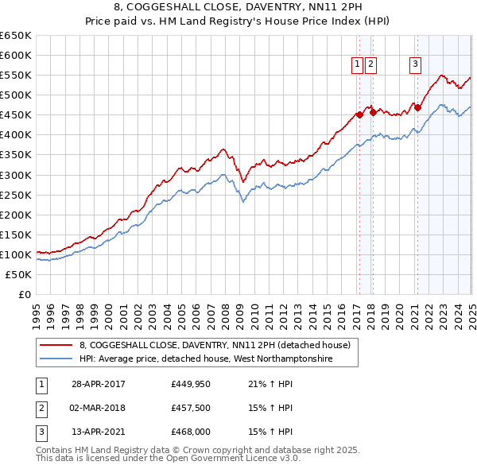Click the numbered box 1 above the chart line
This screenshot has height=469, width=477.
(x=358, y=65)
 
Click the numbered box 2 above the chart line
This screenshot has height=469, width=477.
(x=371, y=65)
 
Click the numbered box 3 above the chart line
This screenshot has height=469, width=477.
(x=416, y=65)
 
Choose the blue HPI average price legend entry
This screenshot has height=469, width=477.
(x=205, y=359)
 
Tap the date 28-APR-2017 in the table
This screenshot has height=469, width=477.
(x=99, y=385)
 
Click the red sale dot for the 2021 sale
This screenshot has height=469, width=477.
(x=417, y=108)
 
